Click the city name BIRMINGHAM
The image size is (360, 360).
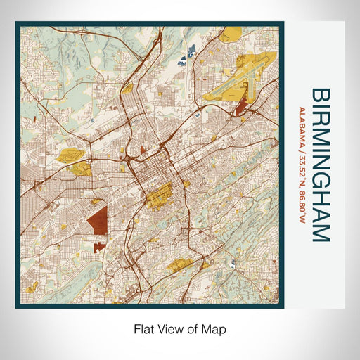(321, 165)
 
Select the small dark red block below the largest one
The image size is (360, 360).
(97, 247)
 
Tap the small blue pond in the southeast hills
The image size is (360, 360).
(233, 265)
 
